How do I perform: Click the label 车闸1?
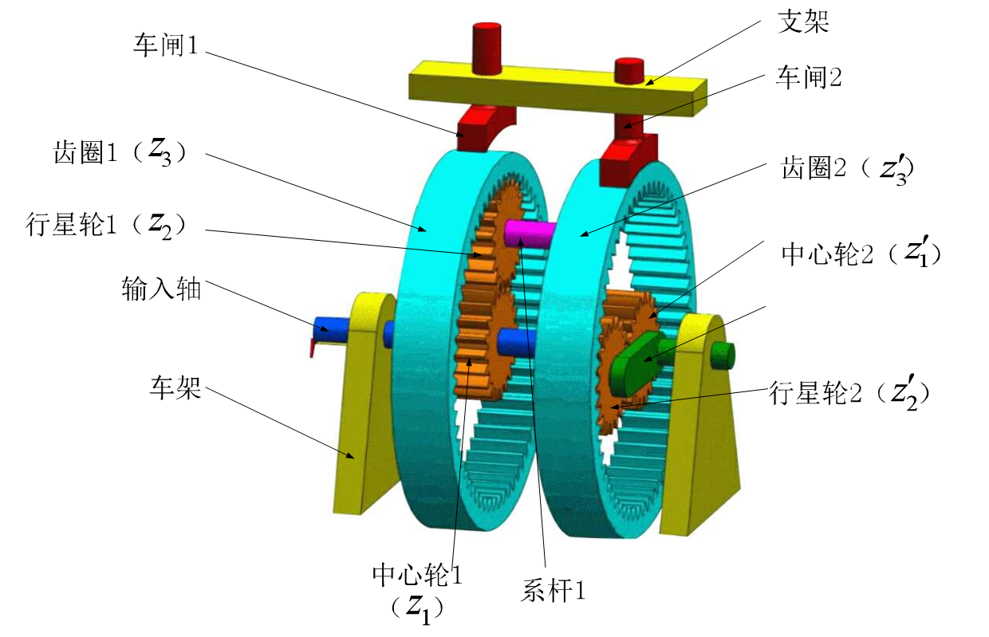point(166,45)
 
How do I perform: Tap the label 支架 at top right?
point(803,22)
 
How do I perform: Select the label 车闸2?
point(809,77)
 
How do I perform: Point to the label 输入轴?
point(162,289)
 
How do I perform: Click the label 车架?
point(175,388)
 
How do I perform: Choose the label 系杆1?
point(554,590)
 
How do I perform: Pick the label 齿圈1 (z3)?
point(119,152)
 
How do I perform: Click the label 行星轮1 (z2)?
point(105,225)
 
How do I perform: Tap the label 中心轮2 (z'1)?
point(861,253)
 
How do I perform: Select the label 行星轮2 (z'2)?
point(849,392)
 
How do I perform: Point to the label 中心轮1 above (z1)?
point(417,575)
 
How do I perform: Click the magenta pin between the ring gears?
point(529,234)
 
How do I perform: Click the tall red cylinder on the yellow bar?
point(487,48)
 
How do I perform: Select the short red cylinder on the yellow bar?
point(629,71)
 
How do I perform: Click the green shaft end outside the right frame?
point(723,356)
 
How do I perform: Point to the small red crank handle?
point(315,346)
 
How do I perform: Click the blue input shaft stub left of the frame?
point(331,329)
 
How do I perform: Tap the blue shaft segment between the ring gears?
point(516,343)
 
